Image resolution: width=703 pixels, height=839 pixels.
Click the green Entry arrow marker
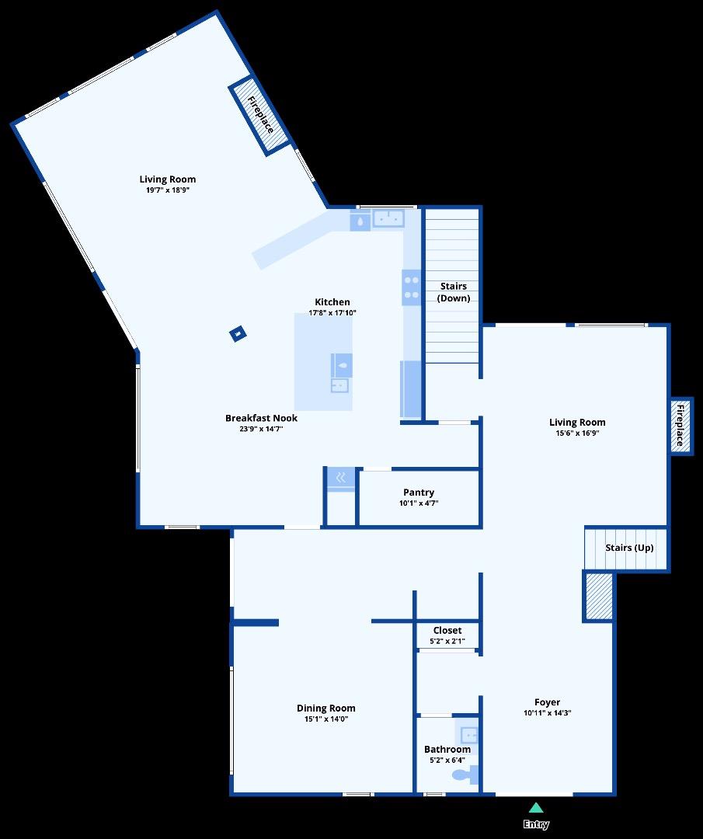point(536,808)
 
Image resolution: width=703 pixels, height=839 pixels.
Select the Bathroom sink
point(468,734)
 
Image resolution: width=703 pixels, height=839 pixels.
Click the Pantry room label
point(419,493)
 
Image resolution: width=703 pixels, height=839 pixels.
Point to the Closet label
point(447,631)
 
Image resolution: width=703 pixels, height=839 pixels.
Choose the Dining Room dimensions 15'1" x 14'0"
point(326,719)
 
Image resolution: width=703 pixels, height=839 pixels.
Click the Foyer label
point(548,702)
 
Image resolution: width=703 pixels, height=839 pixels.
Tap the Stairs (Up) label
point(629,548)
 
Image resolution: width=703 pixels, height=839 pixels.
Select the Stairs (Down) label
point(453,292)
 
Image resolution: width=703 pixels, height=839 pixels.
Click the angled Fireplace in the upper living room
point(260,114)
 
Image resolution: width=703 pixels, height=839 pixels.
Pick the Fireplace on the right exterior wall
point(681,425)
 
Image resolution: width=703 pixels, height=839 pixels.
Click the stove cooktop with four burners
point(411,287)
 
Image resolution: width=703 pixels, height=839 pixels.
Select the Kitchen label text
point(332,302)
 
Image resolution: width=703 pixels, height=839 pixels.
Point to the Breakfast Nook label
point(261,418)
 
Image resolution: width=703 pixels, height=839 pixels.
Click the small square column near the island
point(238,335)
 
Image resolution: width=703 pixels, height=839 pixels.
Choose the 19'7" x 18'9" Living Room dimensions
point(168,190)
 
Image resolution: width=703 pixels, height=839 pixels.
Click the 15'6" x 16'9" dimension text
point(577,433)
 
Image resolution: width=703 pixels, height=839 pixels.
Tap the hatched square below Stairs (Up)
point(599,597)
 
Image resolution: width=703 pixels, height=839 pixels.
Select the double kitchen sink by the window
point(388,219)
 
